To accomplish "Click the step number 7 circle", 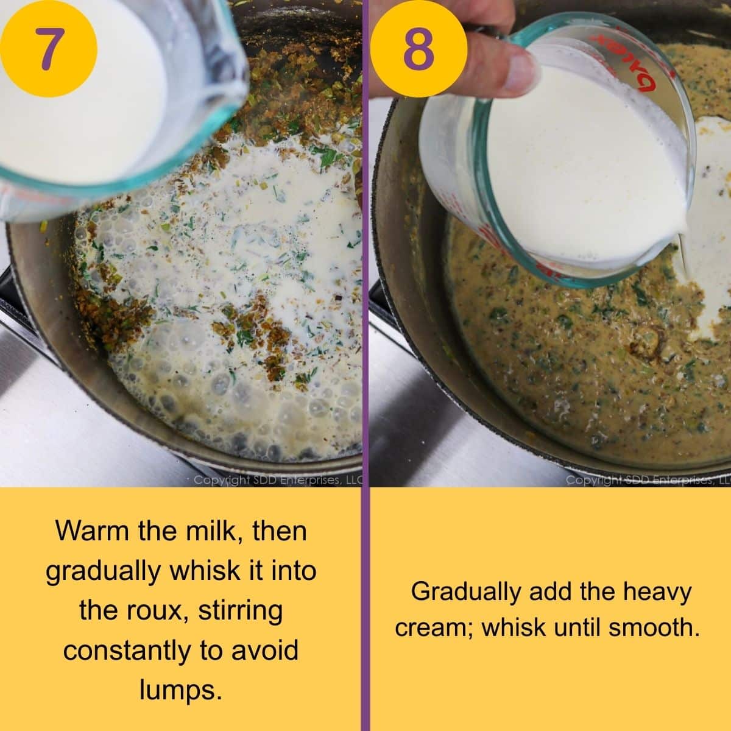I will coord(48,49).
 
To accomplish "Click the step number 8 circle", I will coord(418,49).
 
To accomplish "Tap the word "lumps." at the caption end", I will coord(180,690).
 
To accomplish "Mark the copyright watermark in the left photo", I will coord(277,481).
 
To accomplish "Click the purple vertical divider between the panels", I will coord(365,365).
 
